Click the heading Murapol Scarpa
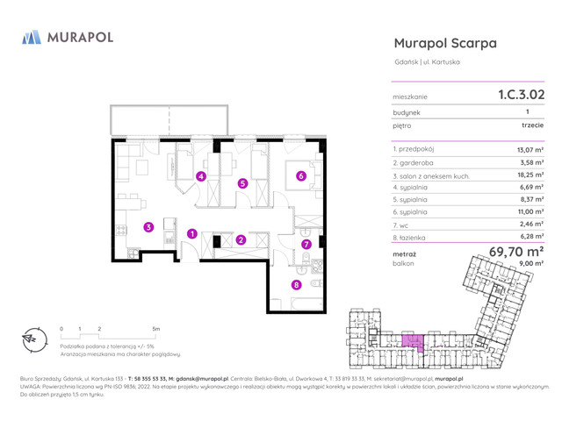(445, 42)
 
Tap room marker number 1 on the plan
(191, 233)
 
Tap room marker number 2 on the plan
(241, 239)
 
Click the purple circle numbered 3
(148, 227)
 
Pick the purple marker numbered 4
(201, 176)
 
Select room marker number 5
(243, 183)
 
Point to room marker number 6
(301, 175)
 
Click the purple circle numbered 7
(306, 244)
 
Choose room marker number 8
(297, 284)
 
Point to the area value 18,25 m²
(530, 175)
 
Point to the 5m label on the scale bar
(156, 329)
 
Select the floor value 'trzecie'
(530, 126)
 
